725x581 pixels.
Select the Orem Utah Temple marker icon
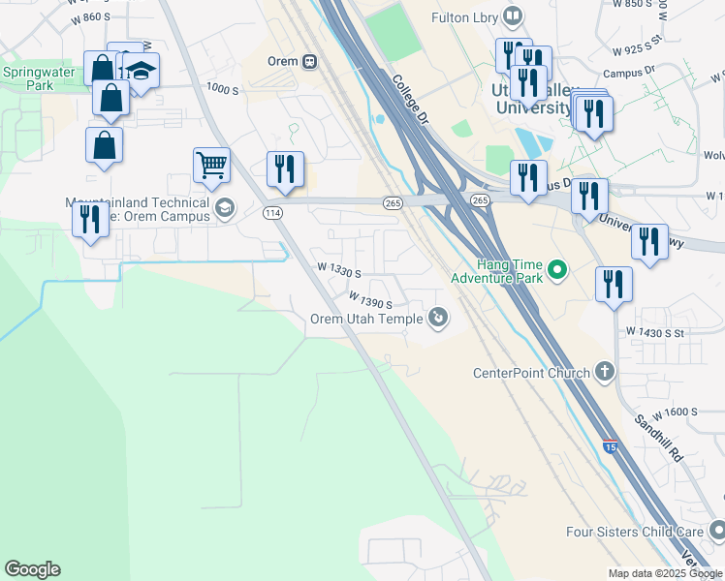tap(439, 317)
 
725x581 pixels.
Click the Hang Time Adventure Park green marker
tap(557, 270)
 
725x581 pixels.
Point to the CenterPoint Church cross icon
tap(605, 371)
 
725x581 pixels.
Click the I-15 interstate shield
tap(610, 445)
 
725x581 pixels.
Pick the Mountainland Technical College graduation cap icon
tap(225, 207)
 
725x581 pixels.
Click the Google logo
tap(32, 569)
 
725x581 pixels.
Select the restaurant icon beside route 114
tap(285, 169)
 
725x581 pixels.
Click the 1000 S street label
tap(222, 89)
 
